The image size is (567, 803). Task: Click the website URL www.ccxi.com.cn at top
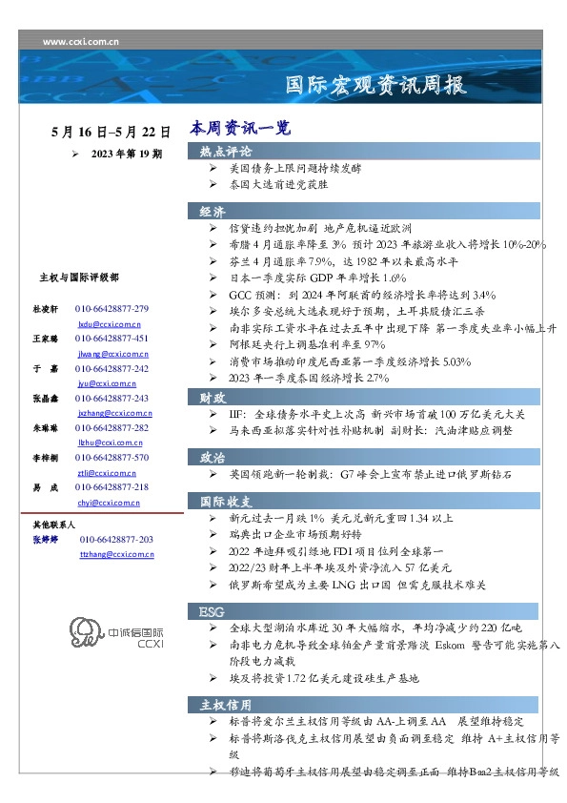point(81,42)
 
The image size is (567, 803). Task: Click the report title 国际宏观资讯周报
point(376,85)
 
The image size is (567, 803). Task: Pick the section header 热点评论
point(226,152)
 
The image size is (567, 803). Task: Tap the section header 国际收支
point(226,500)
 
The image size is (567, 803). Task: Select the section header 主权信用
point(226,705)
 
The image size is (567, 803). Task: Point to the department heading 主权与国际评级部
point(78,277)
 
